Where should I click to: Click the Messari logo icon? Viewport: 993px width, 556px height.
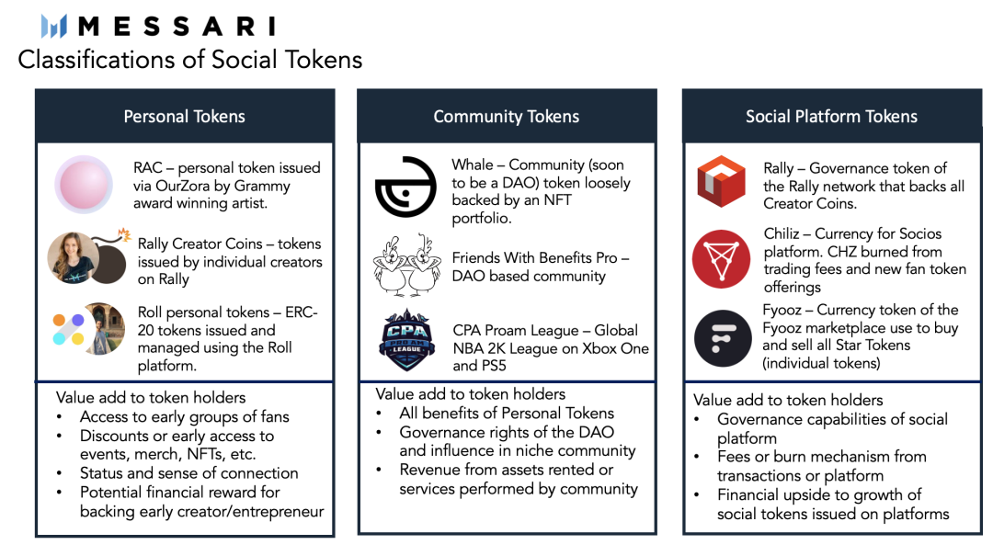coord(54,26)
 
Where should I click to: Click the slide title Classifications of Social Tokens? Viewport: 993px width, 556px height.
coord(190,60)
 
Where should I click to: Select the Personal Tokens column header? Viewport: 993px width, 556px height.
coord(184,117)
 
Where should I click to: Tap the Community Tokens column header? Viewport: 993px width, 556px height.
coord(506,117)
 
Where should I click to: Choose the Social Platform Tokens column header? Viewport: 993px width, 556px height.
coord(831,117)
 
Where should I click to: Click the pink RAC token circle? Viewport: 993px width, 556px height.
coord(83,185)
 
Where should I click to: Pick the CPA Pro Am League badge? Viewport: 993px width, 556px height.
coord(406,341)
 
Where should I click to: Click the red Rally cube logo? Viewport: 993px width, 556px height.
coord(722,180)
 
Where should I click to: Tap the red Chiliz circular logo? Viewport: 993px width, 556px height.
coord(722,259)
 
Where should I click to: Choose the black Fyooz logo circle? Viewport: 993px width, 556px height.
coord(722,337)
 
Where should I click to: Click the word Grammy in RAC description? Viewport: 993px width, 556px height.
coord(264,186)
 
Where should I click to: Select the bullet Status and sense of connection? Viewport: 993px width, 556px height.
coord(188,473)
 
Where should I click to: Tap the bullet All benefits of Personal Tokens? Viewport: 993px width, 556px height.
coord(506,413)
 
